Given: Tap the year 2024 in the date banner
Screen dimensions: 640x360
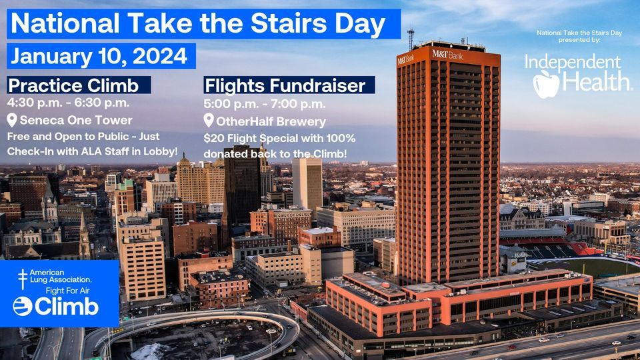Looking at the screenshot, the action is pyautogui.click(x=160, y=56).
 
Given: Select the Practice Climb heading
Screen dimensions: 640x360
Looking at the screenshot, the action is pyautogui.click(x=73, y=86).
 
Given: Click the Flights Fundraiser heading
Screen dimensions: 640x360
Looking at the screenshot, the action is pyautogui.click(x=285, y=86).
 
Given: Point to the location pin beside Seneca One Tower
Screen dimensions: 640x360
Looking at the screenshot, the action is pyautogui.click(x=12, y=120).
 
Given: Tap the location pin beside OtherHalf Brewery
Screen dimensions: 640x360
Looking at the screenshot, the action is pyautogui.click(x=209, y=121).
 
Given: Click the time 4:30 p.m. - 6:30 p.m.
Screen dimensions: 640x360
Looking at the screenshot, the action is pyautogui.click(x=68, y=103).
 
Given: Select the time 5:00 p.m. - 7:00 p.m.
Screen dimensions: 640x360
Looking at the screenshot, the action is pyautogui.click(x=265, y=104).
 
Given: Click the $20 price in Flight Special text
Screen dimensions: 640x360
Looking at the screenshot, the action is pyautogui.click(x=214, y=139).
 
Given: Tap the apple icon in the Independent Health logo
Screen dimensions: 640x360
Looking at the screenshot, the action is pyautogui.click(x=546, y=84).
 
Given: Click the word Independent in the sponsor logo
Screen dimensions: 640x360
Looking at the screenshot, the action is pyautogui.click(x=573, y=63).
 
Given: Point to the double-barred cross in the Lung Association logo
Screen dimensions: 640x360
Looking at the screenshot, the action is pyautogui.click(x=23, y=279).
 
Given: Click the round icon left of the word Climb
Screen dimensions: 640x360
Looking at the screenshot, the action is pyautogui.click(x=23, y=307).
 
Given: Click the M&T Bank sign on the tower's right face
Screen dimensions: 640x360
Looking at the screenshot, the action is pyautogui.click(x=447, y=54).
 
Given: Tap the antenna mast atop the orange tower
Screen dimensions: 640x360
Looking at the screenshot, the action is pyautogui.click(x=411, y=39).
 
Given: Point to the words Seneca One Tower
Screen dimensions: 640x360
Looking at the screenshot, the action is pyautogui.click(x=76, y=121).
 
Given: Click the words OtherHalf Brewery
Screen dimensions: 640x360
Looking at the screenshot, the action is pyautogui.click(x=271, y=121).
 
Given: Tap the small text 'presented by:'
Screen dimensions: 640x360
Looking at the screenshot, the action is pyautogui.click(x=579, y=40).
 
